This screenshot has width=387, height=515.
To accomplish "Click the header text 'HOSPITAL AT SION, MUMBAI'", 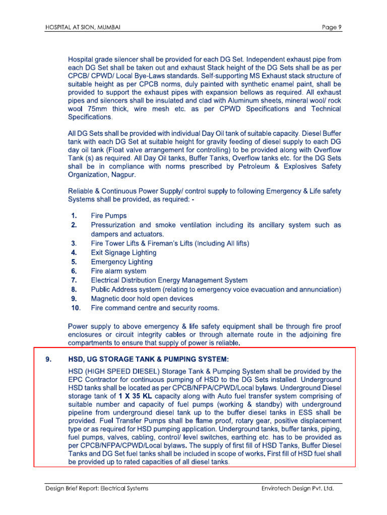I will (x=82, y=27).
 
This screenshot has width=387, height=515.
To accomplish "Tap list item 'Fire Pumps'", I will (x=109, y=216).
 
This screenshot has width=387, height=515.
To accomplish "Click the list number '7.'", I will (x=74, y=280).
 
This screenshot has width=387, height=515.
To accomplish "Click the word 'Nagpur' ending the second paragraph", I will (x=123, y=176).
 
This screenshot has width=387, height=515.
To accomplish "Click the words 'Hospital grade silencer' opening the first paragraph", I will (x=105, y=60).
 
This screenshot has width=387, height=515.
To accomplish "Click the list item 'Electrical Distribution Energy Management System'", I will (x=169, y=280).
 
